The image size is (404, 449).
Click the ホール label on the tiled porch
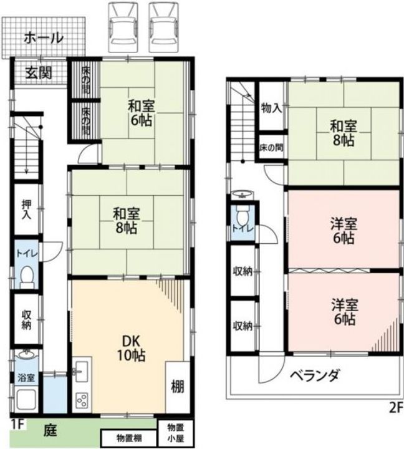point(44,38)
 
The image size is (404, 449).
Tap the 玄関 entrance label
point(39,73)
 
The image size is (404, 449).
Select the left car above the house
point(122,28)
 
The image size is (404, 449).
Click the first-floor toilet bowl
point(27,277)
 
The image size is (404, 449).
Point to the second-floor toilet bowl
point(243,217)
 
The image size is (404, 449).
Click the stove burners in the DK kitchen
point(82,400)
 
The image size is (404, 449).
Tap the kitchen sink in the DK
point(81,372)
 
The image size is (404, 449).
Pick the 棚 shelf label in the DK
point(178,387)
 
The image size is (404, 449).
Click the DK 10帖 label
point(131,348)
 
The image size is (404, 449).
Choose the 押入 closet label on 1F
point(26,210)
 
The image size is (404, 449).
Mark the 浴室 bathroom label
point(26,378)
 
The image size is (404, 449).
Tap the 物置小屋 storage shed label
point(176,433)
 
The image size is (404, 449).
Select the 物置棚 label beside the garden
point(129,438)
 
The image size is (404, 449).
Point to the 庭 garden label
point(50,430)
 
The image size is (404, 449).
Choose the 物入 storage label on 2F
point(271,109)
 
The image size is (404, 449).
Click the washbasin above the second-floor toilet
point(243,195)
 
